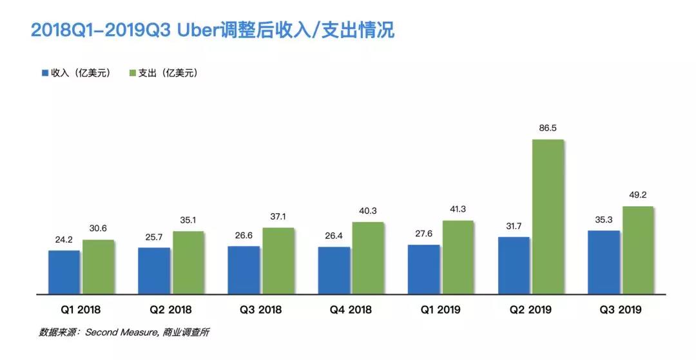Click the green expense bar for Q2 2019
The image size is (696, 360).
pos(547,217)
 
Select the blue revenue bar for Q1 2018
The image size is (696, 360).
pos(64,272)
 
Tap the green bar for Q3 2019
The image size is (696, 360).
pos(637,251)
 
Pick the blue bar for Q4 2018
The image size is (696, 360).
pos(334,270)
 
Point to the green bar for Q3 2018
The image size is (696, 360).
pos(278,261)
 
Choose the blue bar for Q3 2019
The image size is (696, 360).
pos(604,262)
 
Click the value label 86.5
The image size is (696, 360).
pos(547,129)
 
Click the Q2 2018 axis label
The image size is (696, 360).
pos(170,310)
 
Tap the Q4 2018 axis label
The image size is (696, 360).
pos(351,310)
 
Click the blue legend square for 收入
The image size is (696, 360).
pos(44,73)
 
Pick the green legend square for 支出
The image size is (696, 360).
pos(133,73)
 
